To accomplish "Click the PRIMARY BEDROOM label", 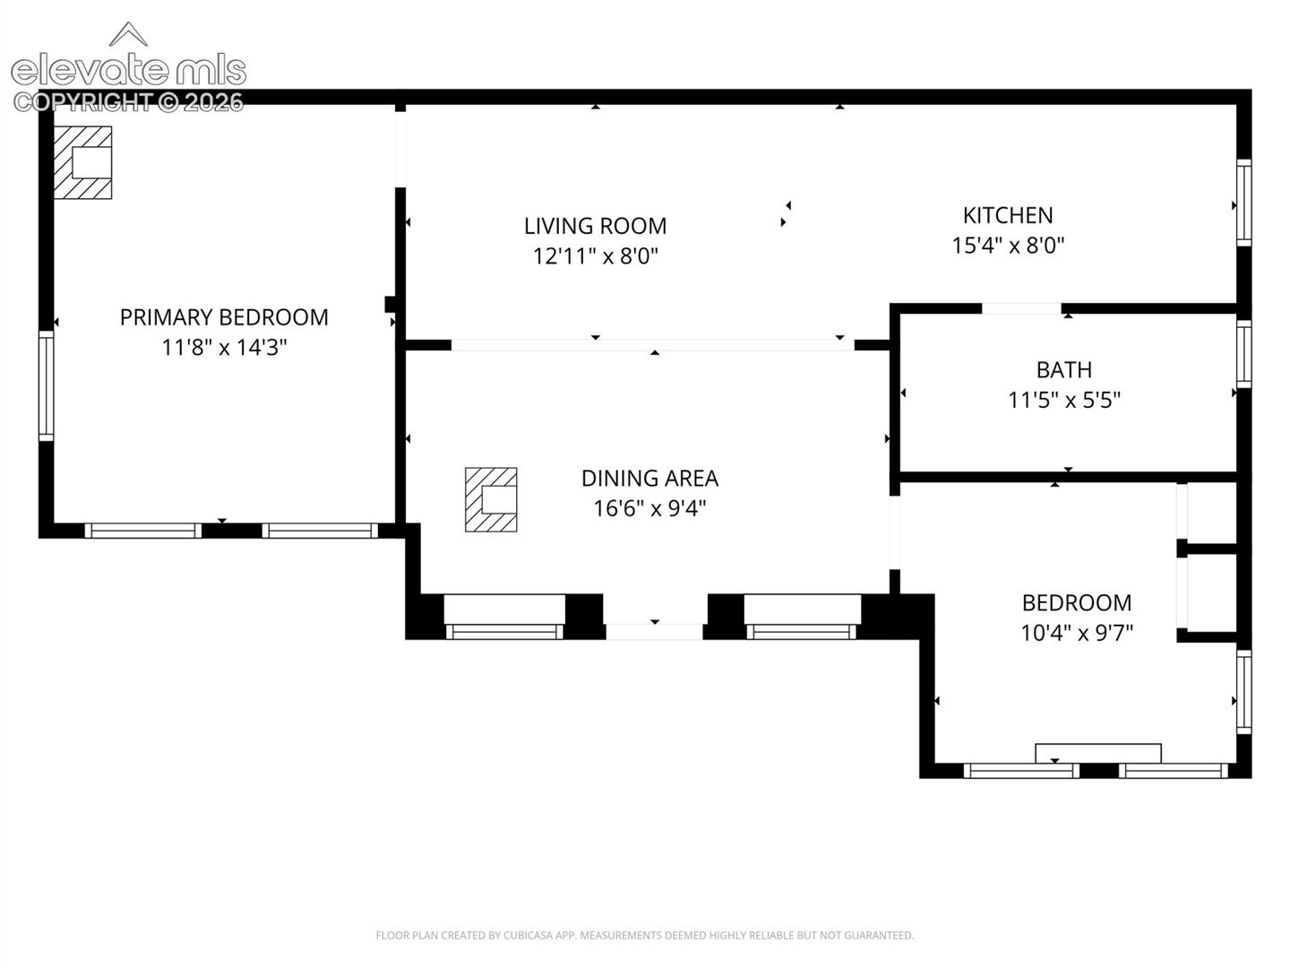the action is [224, 317].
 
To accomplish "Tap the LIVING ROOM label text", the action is [596, 226].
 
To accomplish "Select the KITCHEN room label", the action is [1008, 216].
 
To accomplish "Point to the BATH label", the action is [1064, 369].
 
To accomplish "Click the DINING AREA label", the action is [649, 479].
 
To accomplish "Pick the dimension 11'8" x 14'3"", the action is [224, 348].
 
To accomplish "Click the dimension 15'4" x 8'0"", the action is [1008, 245].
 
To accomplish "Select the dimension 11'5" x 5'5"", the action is [1064, 401].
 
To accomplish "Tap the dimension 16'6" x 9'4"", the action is [649, 508].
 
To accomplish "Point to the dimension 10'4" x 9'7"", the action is [1077, 633].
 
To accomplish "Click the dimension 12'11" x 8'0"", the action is [596, 256].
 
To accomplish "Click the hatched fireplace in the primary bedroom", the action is [83, 162].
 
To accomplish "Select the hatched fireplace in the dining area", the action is [491, 499].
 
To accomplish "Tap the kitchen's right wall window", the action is [1243, 203].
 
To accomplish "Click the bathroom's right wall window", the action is [1243, 354].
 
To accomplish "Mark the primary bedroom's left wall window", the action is [46, 385].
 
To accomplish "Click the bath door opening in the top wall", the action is [1021, 308].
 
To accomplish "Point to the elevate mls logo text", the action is [128, 71].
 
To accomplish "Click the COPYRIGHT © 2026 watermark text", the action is [128, 102].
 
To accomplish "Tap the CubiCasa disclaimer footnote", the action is [645, 935].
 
